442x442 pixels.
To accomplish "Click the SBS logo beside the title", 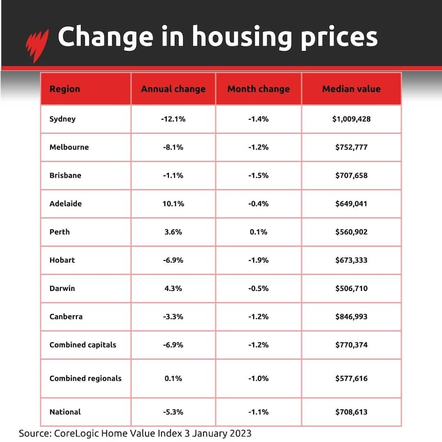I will click(x=37, y=45).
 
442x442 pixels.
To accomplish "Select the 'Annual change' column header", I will click(x=173, y=89).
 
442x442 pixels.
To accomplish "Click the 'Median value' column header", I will click(x=351, y=89).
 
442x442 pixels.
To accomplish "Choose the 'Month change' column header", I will click(x=258, y=89).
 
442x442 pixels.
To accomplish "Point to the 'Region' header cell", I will click(x=64, y=89).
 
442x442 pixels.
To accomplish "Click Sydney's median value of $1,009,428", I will click(x=351, y=119).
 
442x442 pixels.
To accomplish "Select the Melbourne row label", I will click(x=69, y=147).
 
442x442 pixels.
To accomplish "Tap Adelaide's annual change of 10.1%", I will click(x=173, y=203).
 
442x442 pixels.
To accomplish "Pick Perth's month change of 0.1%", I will click(x=258, y=232).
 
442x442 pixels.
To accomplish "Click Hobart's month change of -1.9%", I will click(x=258, y=260).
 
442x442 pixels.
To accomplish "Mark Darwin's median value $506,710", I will click(x=351, y=288).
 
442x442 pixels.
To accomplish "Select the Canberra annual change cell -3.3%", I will click(x=173, y=317).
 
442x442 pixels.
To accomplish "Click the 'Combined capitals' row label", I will click(x=83, y=345).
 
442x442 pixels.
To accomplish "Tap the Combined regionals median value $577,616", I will click(x=351, y=378).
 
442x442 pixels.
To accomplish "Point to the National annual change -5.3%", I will click(x=173, y=412).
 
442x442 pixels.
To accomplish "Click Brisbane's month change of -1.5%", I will click(x=258, y=175).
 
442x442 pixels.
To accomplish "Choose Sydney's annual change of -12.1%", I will click(x=173, y=119).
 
